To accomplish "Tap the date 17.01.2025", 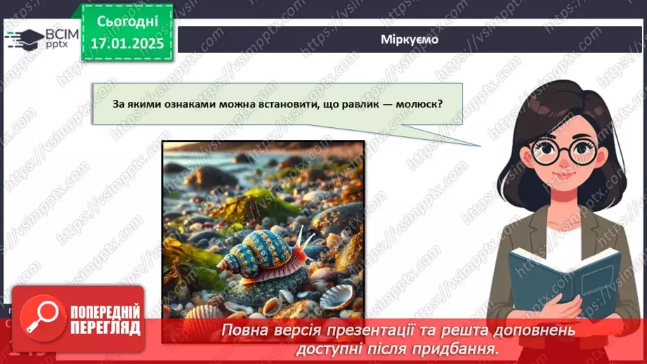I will (x=126, y=44).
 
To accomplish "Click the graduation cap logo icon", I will (x=22, y=39).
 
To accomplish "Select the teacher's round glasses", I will (x=561, y=150).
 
